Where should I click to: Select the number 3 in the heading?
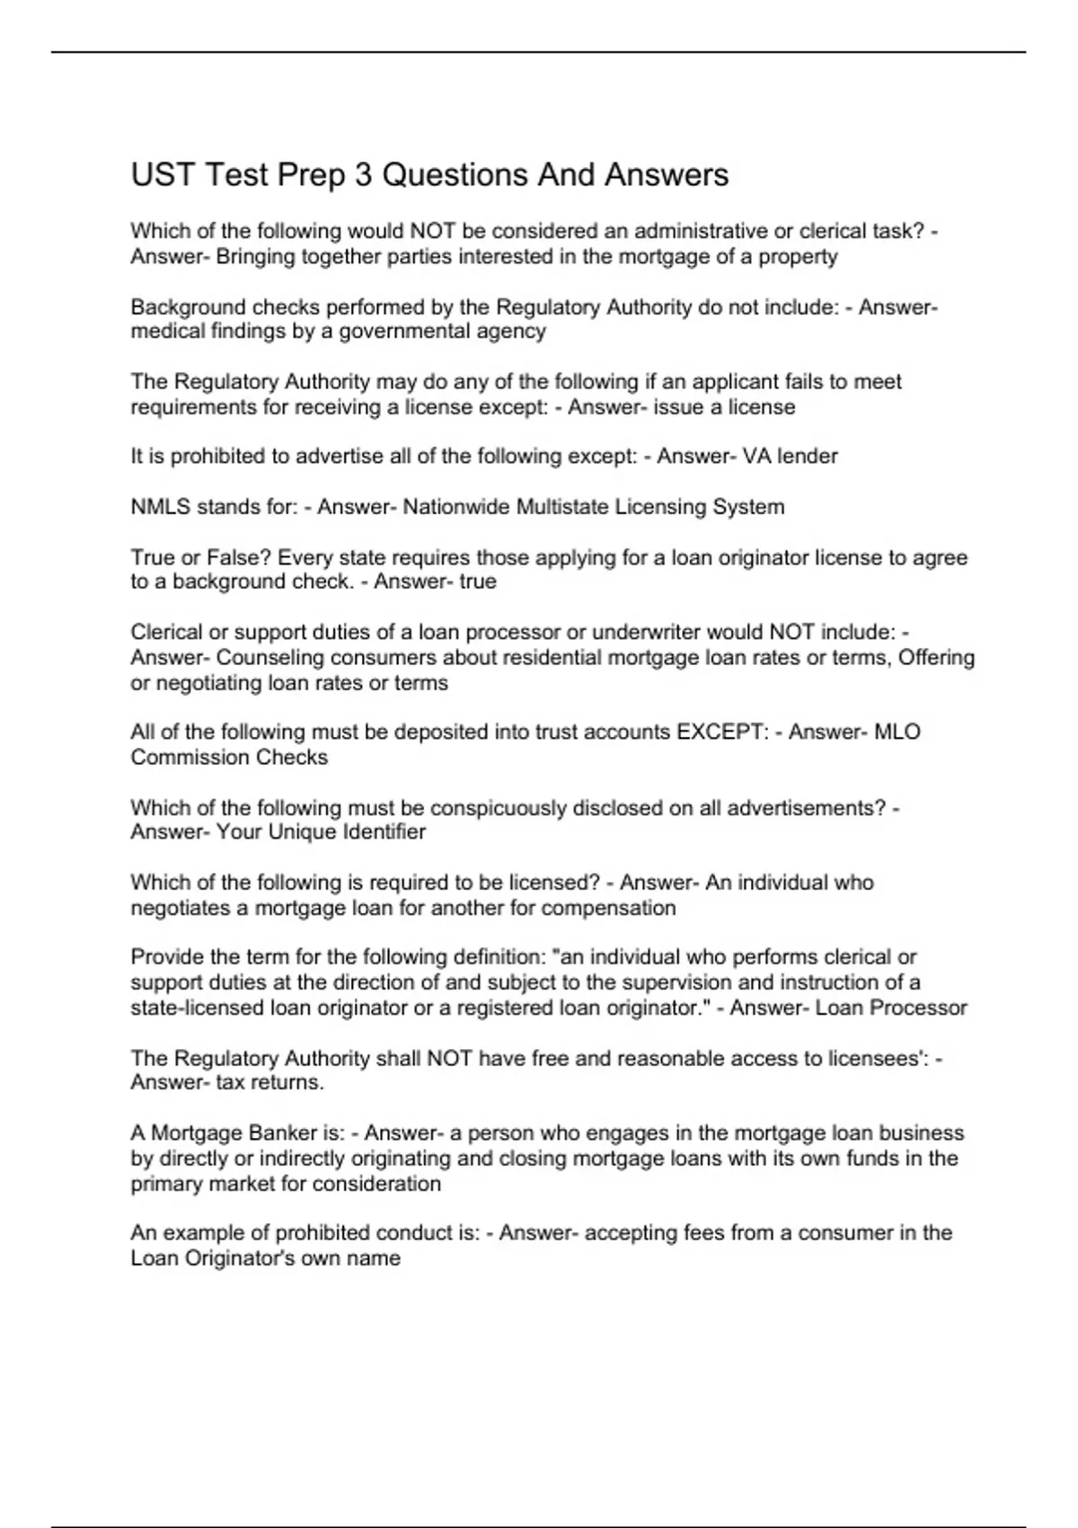363,174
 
